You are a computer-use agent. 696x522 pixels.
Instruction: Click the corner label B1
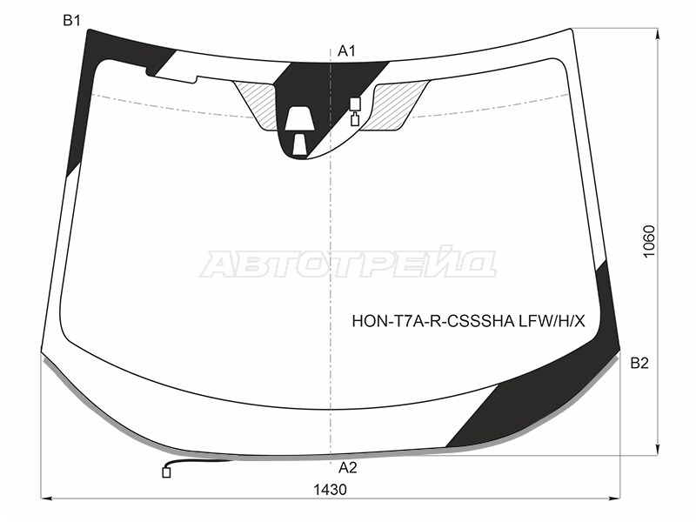click(x=71, y=20)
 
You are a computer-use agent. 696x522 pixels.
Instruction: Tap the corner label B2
click(x=639, y=363)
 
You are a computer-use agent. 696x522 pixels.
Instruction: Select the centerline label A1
click(x=346, y=51)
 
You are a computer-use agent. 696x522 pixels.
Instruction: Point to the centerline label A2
click(x=347, y=467)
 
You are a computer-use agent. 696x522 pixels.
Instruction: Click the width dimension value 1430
click(x=330, y=490)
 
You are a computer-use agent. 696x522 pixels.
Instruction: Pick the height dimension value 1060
click(x=649, y=242)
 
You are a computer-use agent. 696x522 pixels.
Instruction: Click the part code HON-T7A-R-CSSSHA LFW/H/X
click(x=468, y=320)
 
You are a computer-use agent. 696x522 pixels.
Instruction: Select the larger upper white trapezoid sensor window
click(x=299, y=118)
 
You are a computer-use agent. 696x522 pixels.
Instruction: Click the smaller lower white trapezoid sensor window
click(x=300, y=144)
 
